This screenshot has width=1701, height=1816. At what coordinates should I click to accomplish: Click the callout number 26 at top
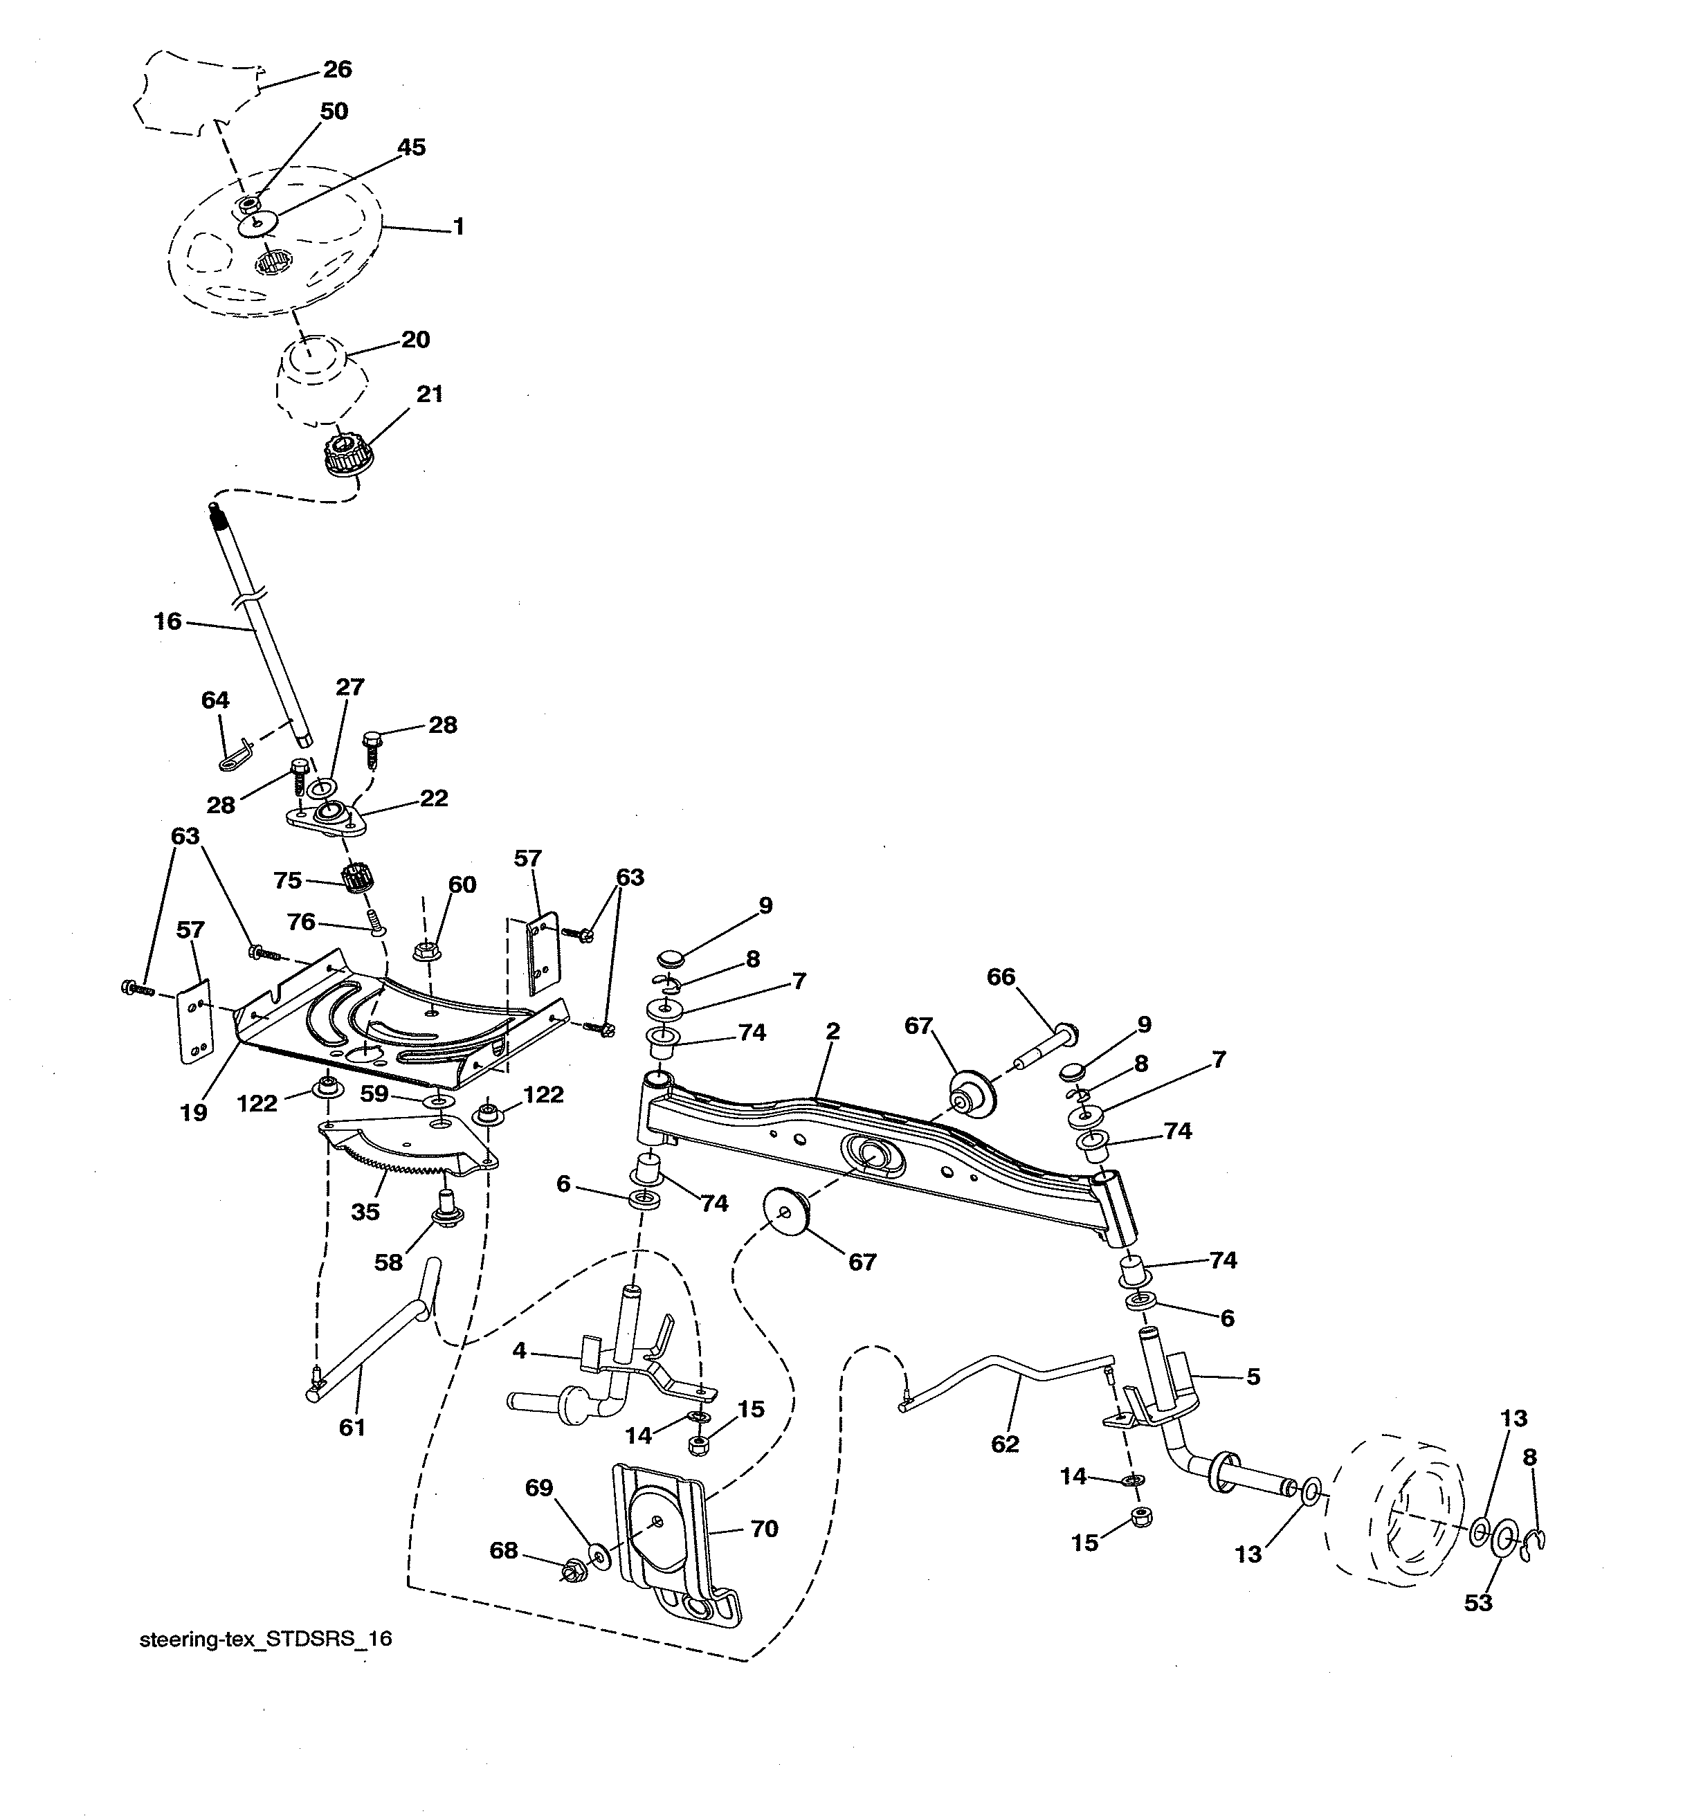337,69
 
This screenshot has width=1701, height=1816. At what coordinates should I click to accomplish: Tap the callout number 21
429,394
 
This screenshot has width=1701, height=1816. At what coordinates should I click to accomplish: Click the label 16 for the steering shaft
167,621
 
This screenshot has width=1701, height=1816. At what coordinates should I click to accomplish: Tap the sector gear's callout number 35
365,1211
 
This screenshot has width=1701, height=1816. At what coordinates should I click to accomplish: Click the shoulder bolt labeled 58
446,1207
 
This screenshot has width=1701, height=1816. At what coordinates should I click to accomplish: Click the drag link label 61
352,1427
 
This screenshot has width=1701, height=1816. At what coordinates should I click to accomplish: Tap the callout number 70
764,1527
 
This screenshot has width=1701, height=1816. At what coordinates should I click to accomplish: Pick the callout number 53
1478,1602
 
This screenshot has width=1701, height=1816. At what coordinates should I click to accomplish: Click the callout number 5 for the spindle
1253,1376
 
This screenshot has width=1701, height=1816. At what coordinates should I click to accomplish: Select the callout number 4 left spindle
519,1350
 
